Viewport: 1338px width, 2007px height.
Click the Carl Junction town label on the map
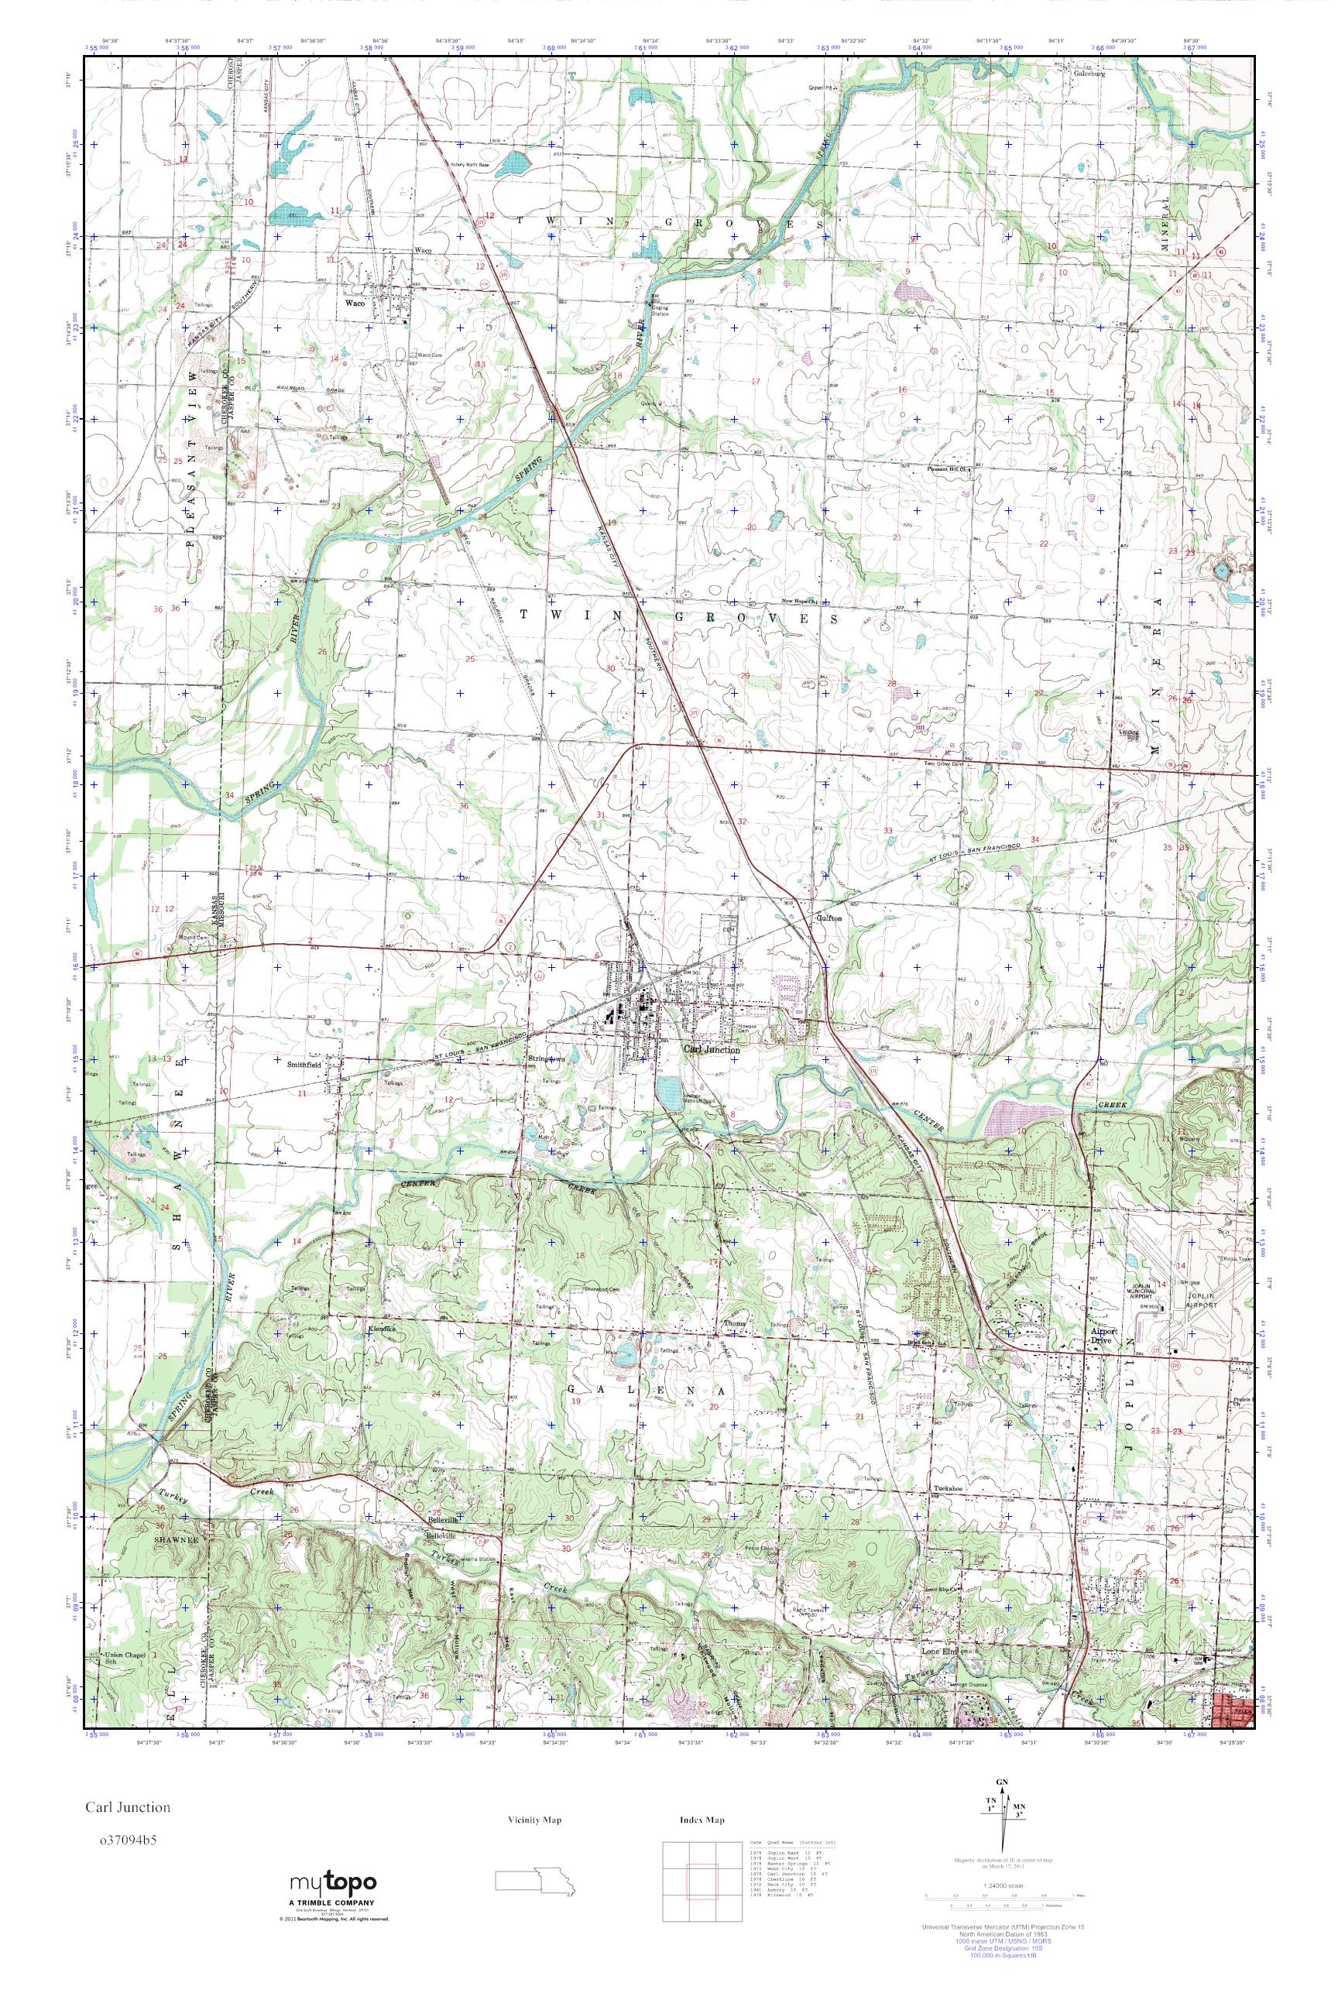point(711,1051)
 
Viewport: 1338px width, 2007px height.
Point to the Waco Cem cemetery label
point(430,356)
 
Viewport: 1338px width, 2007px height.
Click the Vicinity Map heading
point(534,1820)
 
